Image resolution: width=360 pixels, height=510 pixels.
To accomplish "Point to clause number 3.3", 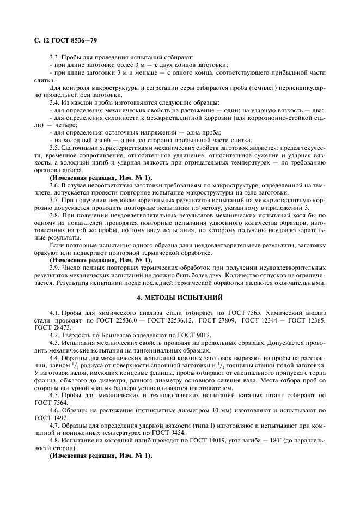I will click(x=55, y=57).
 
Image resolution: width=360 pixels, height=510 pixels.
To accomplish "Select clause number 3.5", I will click(x=55, y=147).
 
